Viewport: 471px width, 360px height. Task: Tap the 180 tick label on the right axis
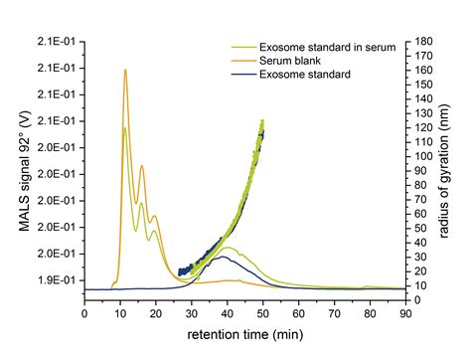(x=421, y=41)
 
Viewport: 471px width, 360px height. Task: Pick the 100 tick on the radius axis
(x=421, y=154)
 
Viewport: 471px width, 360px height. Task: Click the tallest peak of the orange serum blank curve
(x=125, y=70)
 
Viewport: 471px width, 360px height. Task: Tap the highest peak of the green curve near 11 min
(x=124, y=127)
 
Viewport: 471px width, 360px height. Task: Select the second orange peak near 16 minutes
(x=142, y=165)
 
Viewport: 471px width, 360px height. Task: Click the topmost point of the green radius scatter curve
(x=262, y=121)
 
